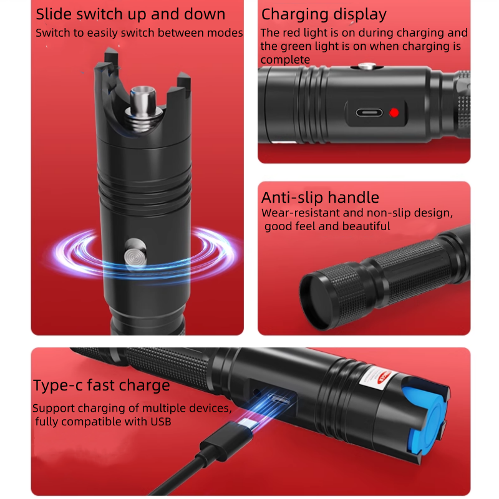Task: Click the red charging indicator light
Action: click(x=394, y=113)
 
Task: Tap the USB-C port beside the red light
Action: click(x=369, y=113)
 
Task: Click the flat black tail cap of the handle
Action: click(x=316, y=301)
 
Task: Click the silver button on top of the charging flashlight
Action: click(x=367, y=66)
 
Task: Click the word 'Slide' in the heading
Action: click(x=54, y=14)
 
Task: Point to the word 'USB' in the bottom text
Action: click(x=161, y=422)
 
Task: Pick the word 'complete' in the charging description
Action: click(x=285, y=60)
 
